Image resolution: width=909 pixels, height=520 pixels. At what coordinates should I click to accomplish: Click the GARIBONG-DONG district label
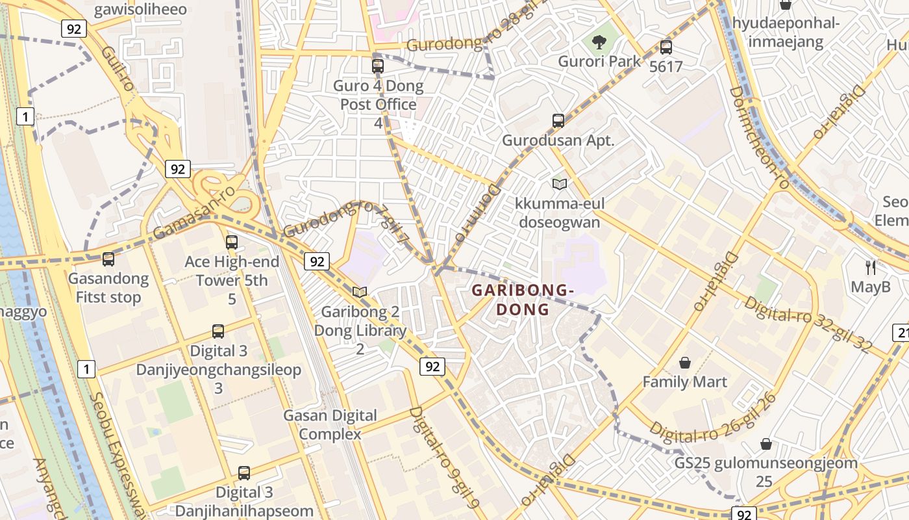pyautogui.click(x=522, y=300)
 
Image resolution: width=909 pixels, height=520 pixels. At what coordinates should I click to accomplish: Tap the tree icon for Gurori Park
pyautogui.click(x=599, y=43)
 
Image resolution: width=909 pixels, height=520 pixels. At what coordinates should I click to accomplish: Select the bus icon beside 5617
pyautogui.click(x=666, y=47)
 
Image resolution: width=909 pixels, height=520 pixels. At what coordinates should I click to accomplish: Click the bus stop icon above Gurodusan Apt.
pyautogui.click(x=558, y=120)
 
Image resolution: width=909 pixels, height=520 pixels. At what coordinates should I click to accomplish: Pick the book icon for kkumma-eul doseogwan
pyautogui.click(x=559, y=184)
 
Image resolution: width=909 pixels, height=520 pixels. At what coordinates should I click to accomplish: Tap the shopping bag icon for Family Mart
pyautogui.click(x=684, y=362)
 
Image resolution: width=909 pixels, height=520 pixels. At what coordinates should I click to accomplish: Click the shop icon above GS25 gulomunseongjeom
pyautogui.click(x=766, y=444)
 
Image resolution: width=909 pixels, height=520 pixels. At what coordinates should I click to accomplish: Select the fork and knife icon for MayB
pyautogui.click(x=871, y=266)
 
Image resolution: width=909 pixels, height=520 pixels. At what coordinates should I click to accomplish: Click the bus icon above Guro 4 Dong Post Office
pyautogui.click(x=378, y=66)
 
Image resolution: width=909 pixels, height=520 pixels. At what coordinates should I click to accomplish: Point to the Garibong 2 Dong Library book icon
pyautogui.click(x=360, y=292)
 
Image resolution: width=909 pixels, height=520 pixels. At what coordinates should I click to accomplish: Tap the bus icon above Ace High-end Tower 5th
pyautogui.click(x=232, y=242)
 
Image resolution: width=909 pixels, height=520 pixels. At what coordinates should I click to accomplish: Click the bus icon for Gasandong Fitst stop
pyautogui.click(x=108, y=259)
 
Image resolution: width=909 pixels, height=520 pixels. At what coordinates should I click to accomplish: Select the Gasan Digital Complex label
pyautogui.click(x=330, y=424)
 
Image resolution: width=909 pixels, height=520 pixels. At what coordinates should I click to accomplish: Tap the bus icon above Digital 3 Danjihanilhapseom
pyautogui.click(x=244, y=473)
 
